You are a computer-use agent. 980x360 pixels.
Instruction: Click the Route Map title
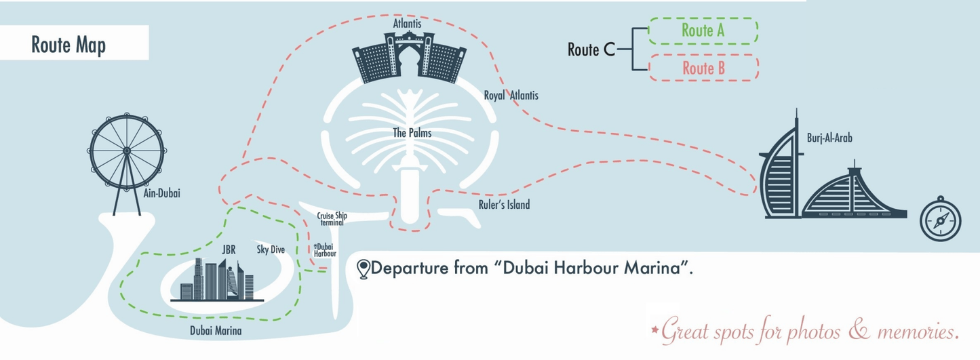click(68, 45)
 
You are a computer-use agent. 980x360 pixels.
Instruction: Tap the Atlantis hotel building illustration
click(408, 59)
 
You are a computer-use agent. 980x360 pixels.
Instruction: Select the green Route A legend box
click(703, 31)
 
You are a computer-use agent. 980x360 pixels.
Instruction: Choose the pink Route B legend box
click(703, 68)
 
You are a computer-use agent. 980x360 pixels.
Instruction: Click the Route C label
click(591, 49)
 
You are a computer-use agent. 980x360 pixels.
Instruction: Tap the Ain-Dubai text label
click(162, 193)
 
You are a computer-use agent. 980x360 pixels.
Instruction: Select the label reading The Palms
click(412, 133)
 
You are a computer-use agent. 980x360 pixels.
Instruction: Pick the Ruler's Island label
click(504, 204)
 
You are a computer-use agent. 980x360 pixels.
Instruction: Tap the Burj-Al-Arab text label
click(829, 138)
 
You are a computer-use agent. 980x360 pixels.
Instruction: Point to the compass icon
click(941, 218)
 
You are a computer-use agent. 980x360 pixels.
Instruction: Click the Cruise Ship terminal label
click(332, 218)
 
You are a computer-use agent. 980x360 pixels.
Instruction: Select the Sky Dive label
click(271, 249)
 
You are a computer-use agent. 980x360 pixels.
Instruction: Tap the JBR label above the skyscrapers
click(229, 249)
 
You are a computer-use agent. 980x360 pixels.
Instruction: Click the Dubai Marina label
click(216, 331)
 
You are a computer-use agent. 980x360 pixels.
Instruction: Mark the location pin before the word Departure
click(364, 268)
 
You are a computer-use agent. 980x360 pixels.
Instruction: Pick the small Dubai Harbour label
click(325, 249)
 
